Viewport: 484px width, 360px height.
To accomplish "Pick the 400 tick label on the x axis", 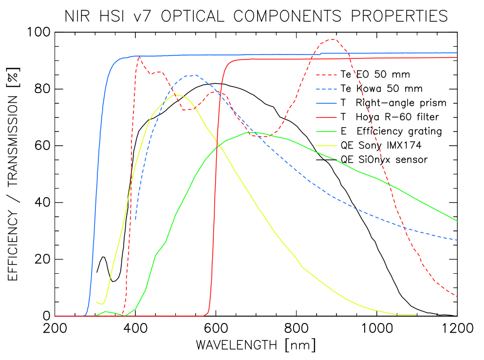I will (x=135, y=328).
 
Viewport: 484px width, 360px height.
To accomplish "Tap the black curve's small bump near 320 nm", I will (x=103, y=257).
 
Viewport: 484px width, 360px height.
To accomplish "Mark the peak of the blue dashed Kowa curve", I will (x=196, y=75).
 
